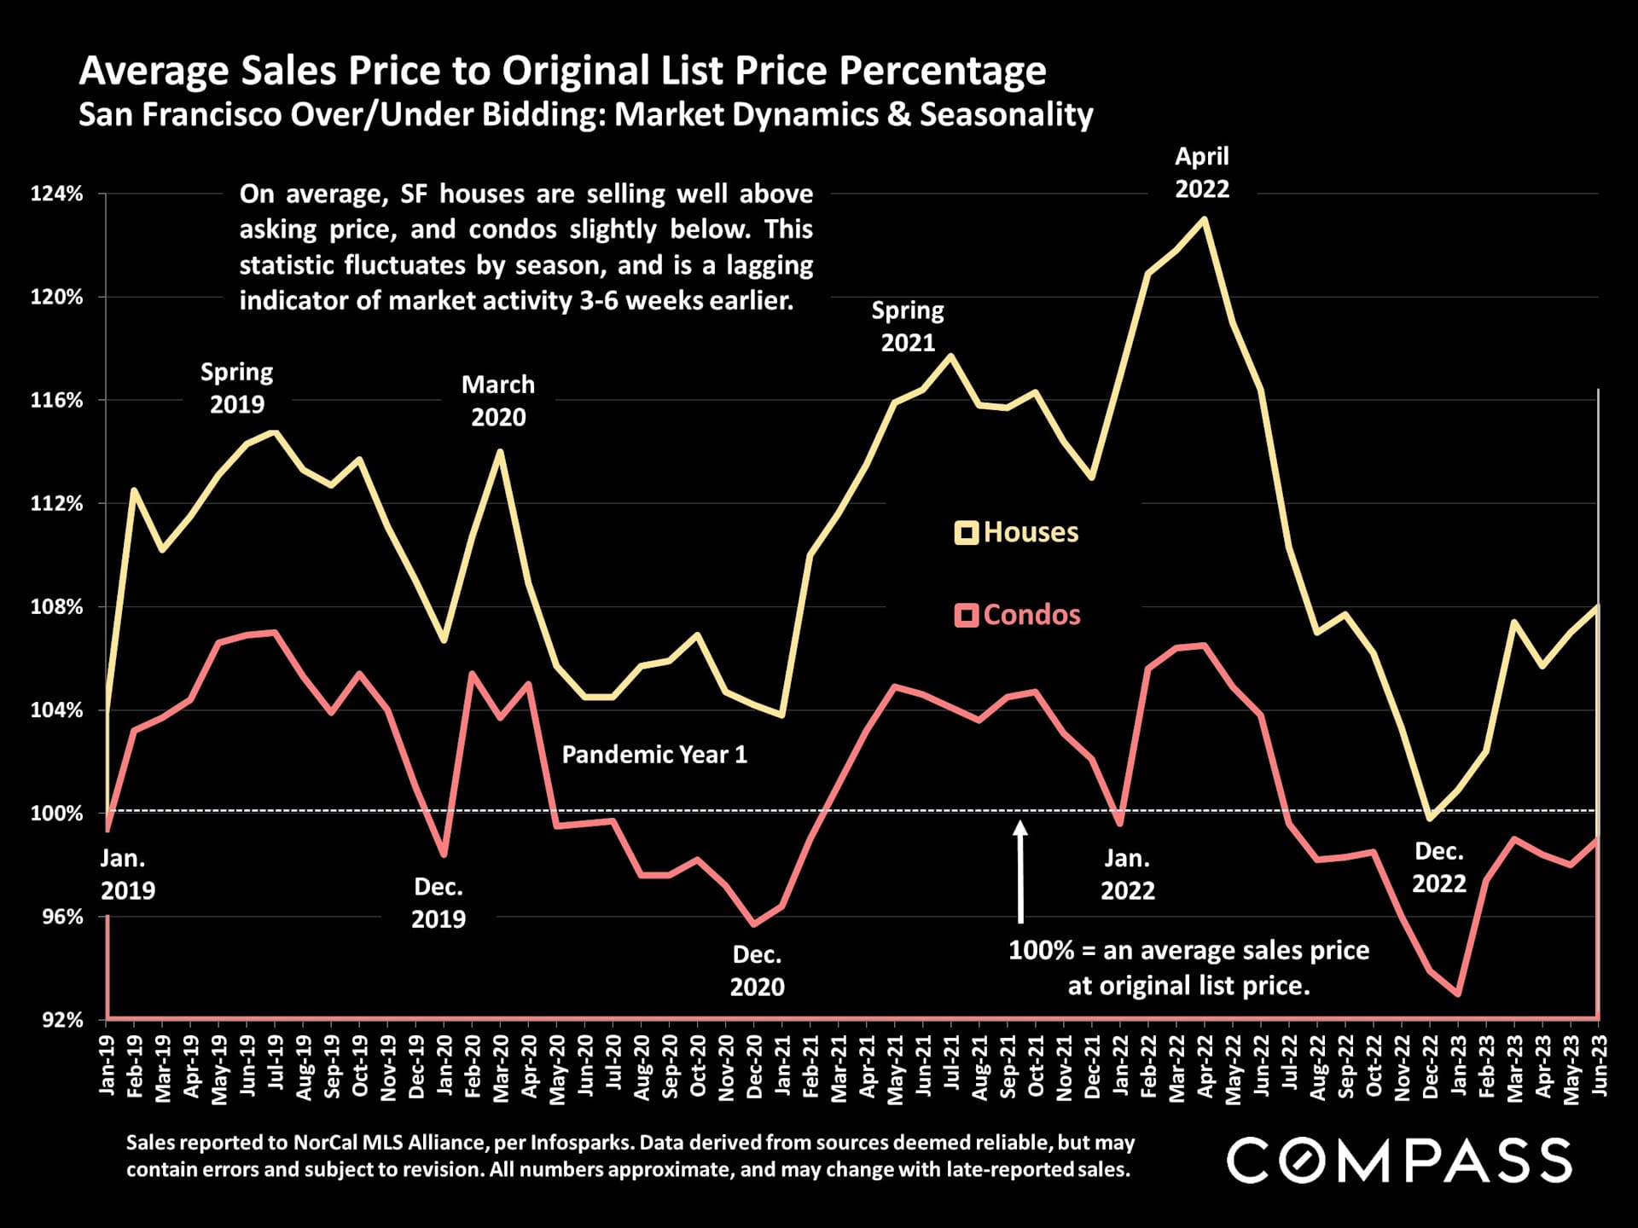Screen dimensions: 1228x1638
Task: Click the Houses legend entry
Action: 1017,532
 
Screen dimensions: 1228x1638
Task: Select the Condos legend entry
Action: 1018,615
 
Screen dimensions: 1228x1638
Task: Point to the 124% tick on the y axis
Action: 57,194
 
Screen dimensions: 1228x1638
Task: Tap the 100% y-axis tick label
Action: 57,813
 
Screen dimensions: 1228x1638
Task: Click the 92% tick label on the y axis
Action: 62,1019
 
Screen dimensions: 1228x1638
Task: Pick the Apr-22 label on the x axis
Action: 1205,1066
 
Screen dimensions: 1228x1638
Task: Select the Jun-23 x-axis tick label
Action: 1599,1066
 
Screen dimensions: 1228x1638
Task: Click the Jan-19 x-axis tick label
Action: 107,1066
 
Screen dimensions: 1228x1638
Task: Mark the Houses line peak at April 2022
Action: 1204,218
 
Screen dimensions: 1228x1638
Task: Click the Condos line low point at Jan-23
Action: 1458,994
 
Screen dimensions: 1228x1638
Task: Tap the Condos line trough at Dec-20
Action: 753,924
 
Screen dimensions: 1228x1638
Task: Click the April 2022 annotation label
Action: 1202,172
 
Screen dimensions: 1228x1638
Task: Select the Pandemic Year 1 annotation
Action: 654,755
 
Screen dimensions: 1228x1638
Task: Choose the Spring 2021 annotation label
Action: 908,326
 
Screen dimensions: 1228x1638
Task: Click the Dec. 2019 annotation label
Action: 439,903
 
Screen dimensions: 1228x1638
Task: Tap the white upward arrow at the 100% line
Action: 1020,870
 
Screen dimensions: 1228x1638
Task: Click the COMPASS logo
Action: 1398,1160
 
